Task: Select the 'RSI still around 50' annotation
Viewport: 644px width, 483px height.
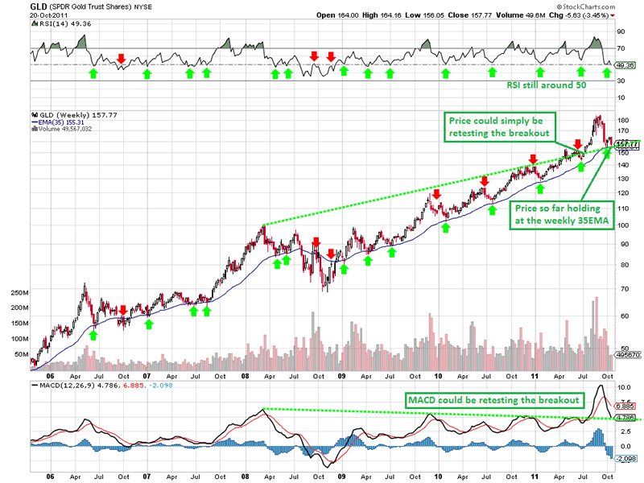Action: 547,85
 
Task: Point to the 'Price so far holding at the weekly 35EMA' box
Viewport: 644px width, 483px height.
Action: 558,218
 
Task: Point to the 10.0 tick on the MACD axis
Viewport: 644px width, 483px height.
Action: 623,386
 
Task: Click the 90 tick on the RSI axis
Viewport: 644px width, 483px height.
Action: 621,32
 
